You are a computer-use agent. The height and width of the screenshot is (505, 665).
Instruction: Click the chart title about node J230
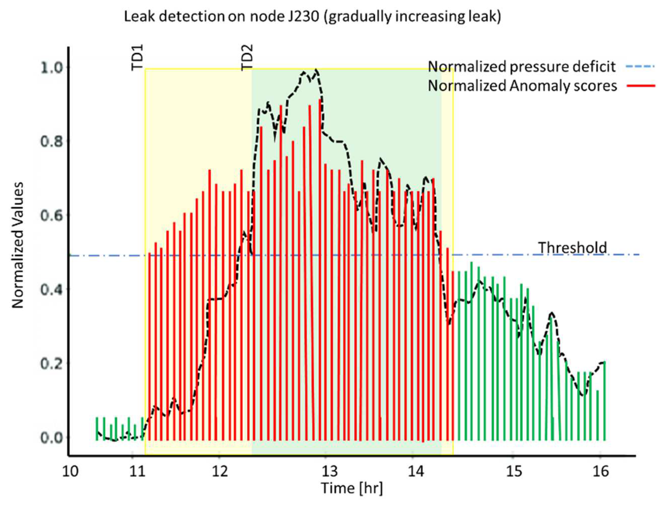pyautogui.click(x=312, y=17)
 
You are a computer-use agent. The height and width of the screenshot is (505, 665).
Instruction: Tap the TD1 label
pyautogui.click(x=137, y=58)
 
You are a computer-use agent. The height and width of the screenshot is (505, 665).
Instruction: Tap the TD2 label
pyautogui.click(x=247, y=58)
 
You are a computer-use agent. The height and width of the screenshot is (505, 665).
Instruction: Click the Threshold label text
pyautogui.click(x=572, y=248)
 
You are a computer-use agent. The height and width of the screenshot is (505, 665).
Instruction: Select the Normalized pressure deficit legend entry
pyautogui.click(x=522, y=67)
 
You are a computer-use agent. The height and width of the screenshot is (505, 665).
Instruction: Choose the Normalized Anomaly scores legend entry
pyautogui.click(x=522, y=86)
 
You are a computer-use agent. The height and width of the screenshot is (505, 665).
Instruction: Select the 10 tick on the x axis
pyautogui.click(x=70, y=471)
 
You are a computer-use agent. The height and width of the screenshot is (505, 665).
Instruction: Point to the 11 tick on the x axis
pyautogui.click(x=138, y=471)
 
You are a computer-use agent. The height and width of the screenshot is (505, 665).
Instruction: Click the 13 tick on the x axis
pyautogui.click(x=330, y=471)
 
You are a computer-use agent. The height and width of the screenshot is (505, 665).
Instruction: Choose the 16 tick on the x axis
pyautogui.click(x=601, y=471)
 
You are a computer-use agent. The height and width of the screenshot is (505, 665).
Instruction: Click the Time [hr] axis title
pyautogui.click(x=352, y=488)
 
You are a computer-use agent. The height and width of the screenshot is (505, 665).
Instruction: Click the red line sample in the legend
pyautogui.click(x=641, y=86)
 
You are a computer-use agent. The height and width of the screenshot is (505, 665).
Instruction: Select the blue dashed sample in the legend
pyautogui.click(x=640, y=66)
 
